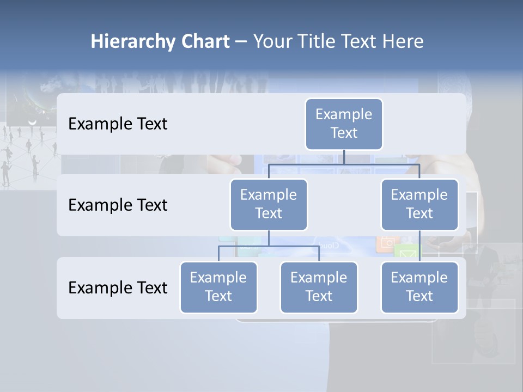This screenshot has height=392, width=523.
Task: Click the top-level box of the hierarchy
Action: point(344,124)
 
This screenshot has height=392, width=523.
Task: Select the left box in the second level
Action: point(269,204)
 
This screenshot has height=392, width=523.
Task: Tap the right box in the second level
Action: point(419,204)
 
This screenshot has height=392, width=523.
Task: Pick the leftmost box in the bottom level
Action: point(218,287)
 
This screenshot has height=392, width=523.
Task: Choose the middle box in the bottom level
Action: point(319,287)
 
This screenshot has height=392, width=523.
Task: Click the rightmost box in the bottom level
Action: point(419,287)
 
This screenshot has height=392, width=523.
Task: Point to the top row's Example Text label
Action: point(118,124)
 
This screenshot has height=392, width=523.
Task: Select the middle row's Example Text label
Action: point(118,205)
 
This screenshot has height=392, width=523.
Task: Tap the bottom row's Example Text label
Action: point(118,287)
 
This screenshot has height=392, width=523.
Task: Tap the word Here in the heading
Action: point(404,42)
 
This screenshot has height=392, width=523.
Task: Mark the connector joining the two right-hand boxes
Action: point(419,246)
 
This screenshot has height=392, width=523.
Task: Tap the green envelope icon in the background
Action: point(406,252)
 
